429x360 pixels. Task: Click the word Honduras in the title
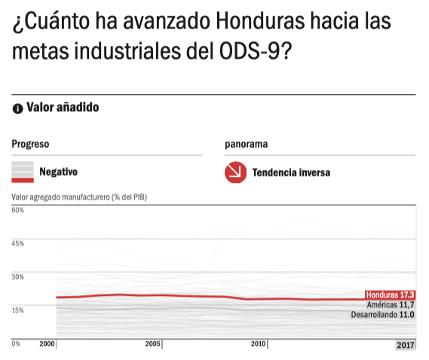[260, 21]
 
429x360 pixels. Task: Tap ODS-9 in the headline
[250, 51]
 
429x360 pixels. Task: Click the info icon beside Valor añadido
[18, 108]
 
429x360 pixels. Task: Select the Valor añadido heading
[63, 107]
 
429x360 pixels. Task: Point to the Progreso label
[30, 144]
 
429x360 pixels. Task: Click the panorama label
[246, 144]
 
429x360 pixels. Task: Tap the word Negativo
[59, 172]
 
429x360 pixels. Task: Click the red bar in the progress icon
[23, 180]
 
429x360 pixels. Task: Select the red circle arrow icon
[235, 172]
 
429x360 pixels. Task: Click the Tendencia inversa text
[291, 172]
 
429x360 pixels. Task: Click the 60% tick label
[18, 210]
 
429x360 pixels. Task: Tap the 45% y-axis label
[18, 243]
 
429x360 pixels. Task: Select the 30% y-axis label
[18, 276]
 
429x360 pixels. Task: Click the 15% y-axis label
[18, 310]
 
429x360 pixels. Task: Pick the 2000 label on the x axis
[47, 343]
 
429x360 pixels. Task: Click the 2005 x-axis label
[152, 343]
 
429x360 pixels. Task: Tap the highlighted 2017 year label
[406, 345]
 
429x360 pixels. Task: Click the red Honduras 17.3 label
[390, 295]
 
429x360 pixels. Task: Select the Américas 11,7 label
[391, 304]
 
